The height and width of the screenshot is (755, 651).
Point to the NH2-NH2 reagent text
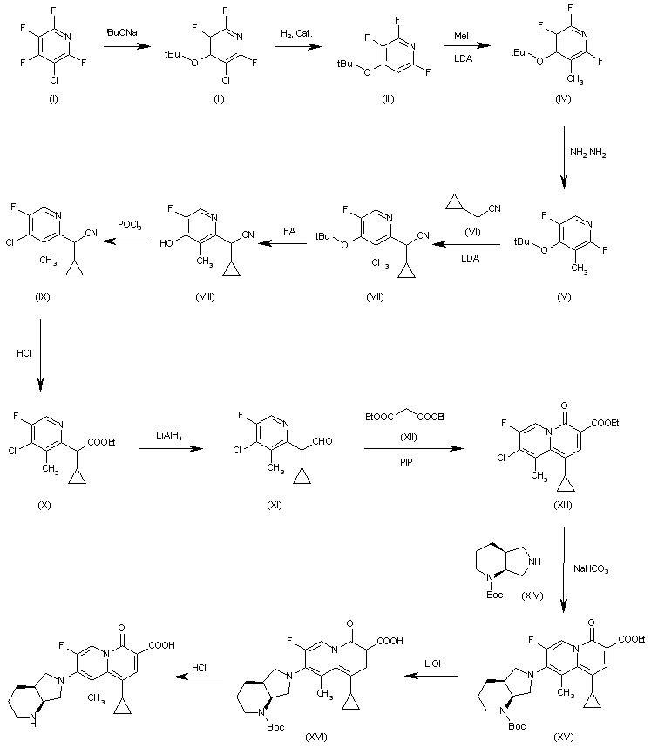tap(587, 153)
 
